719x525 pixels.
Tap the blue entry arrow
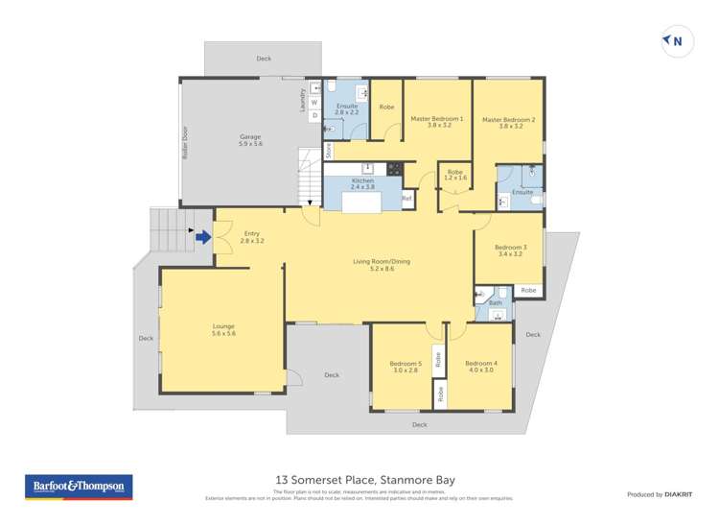coord(203,233)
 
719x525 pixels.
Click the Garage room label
coord(250,140)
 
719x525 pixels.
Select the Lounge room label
coord(223,329)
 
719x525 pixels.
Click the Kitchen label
coord(362,184)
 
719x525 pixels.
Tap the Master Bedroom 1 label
coord(437,123)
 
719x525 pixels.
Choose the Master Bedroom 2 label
coord(508,123)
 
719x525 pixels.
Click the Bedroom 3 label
coord(508,251)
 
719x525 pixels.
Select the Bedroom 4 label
coord(480,367)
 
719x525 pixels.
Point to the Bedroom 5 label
coord(406,367)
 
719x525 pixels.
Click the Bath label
coord(495,303)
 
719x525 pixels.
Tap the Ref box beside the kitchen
coord(406,199)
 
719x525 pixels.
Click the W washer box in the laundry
coord(313,102)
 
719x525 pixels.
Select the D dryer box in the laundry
coord(313,115)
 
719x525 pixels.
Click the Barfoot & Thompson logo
coord(79,487)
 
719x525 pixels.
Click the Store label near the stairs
coord(328,150)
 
